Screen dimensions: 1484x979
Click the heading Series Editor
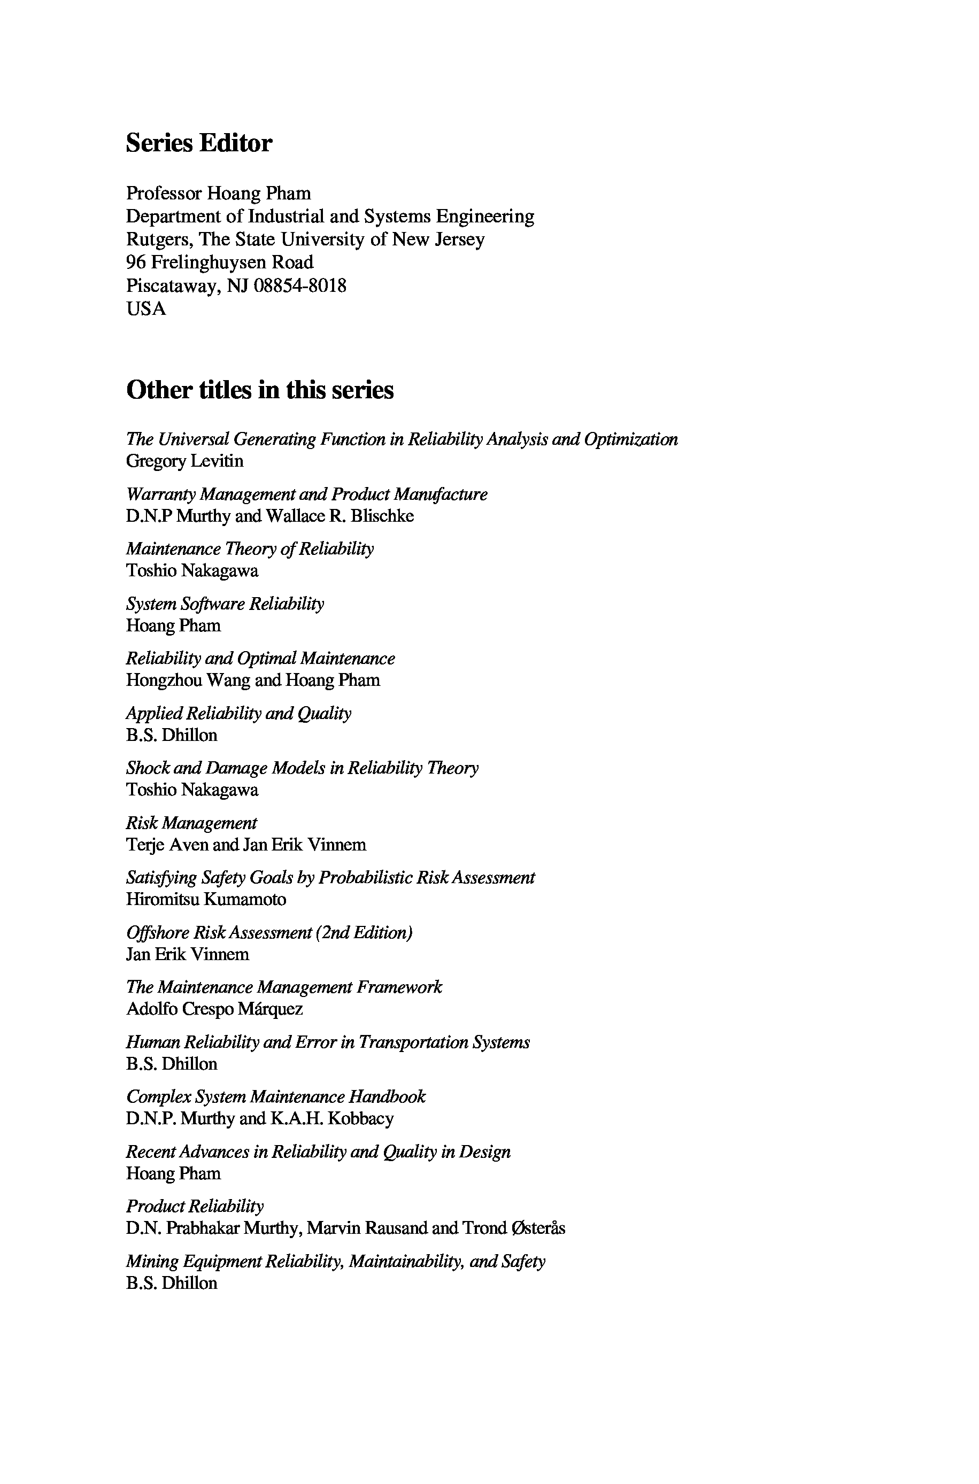tap(198, 143)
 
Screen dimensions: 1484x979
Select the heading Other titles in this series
tap(260, 390)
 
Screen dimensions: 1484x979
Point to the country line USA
tap(146, 309)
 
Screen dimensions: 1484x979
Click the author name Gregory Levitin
tap(185, 461)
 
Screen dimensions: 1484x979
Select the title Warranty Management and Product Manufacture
tap(306, 494)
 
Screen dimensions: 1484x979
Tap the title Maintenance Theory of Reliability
tap(250, 549)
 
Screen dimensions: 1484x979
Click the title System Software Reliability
tap(225, 604)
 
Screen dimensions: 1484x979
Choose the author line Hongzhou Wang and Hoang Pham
tap(253, 680)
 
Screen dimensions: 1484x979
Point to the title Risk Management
tap(191, 823)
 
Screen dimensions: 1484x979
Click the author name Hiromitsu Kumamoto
tap(206, 900)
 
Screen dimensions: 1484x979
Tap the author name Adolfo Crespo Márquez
tap(214, 1009)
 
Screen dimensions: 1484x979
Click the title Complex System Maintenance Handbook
tap(276, 1097)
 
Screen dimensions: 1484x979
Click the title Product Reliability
tap(195, 1207)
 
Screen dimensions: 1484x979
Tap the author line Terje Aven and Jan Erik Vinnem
tap(246, 845)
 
